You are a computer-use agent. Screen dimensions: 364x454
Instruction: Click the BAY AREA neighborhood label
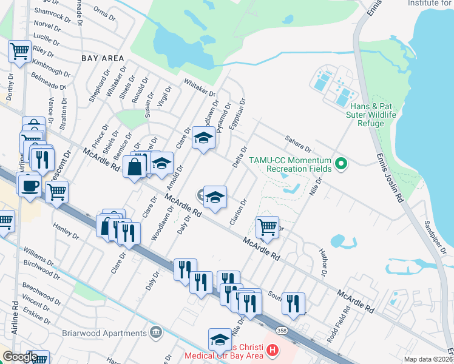pos(103,58)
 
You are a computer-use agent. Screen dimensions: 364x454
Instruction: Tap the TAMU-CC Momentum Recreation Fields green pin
pos(341,163)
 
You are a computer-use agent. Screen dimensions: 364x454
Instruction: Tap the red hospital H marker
pos(273,350)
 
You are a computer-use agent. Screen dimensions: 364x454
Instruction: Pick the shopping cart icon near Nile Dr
pos(267,227)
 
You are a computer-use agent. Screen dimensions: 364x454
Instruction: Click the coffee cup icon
pos(29,185)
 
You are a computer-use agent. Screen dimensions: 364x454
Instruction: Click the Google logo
pos(20,357)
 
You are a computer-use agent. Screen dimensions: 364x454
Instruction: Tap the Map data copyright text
pos(428,359)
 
